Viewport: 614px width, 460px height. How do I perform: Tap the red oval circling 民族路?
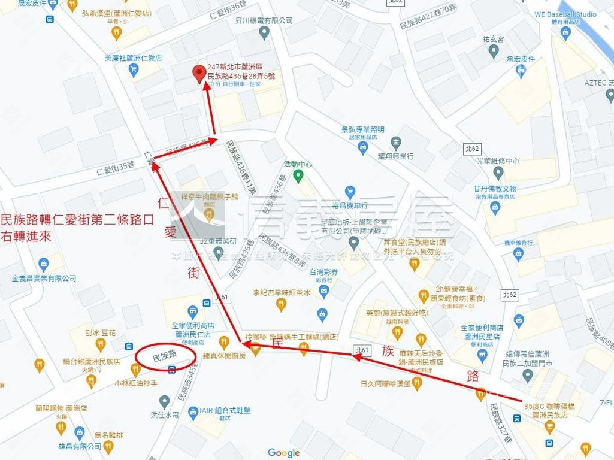coord(166,356)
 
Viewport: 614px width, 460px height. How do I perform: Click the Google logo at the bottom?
coord(283,453)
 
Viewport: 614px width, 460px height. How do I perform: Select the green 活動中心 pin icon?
coord(298,176)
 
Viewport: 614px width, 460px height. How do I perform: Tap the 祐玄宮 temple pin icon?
coord(494,52)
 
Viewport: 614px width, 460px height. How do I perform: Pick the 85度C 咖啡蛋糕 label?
coord(546,407)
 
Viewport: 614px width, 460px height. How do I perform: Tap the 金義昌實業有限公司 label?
coord(44,278)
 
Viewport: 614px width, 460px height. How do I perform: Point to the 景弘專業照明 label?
coord(362,129)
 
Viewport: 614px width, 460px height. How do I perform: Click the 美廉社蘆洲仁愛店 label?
coord(133,58)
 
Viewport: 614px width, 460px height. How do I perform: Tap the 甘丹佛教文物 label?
coord(495,189)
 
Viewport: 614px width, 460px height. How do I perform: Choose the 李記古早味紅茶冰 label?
coord(282,293)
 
